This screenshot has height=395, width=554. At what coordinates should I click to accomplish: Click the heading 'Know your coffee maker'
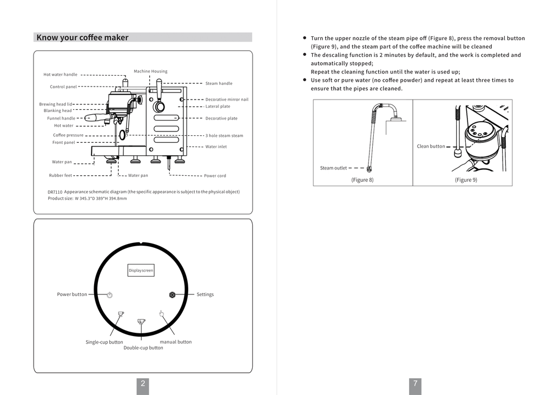pyautogui.click(x=82, y=37)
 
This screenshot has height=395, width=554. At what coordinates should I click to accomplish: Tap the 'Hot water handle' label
pyautogui.click(x=61, y=75)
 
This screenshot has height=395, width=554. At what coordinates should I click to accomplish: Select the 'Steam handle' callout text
pyautogui.click(x=219, y=83)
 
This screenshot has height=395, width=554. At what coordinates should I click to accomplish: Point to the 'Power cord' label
pyautogui.click(x=215, y=176)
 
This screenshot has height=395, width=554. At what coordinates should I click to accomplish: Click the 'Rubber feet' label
pyautogui.click(x=61, y=175)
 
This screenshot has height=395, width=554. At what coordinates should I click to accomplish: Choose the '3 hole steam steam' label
pyautogui.click(x=224, y=136)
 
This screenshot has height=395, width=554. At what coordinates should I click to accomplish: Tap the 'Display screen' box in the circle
pyautogui.click(x=141, y=270)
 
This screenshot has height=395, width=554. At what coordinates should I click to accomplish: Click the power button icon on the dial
pyautogui.click(x=109, y=295)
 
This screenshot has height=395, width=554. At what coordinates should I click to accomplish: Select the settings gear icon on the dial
pyautogui.click(x=172, y=295)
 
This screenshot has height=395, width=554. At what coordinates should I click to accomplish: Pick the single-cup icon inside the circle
pyautogui.click(x=121, y=314)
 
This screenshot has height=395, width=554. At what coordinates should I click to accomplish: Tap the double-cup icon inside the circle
pyautogui.click(x=141, y=321)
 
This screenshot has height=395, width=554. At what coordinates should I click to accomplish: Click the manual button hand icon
pyautogui.click(x=161, y=313)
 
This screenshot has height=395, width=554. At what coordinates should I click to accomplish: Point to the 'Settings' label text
pyautogui.click(x=205, y=295)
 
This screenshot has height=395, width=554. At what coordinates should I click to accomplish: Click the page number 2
pyautogui.click(x=143, y=384)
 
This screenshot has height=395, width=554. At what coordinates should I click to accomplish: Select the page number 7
pyautogui.click(x=415, y=384)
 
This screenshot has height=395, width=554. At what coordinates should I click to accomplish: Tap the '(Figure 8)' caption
pyautogui.click(x=362, y=180)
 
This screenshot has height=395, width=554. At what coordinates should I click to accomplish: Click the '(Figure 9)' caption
pyautogui.click(x=466, y=180)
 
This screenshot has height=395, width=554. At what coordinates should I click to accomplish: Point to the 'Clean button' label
pyautogui.click(x=431, y=147)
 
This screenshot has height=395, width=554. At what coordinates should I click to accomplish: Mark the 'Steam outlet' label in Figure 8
pyautogui.click(x=333, y=168)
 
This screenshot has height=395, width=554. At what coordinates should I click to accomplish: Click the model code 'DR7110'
pyautogui.click(x=55, y=192)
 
